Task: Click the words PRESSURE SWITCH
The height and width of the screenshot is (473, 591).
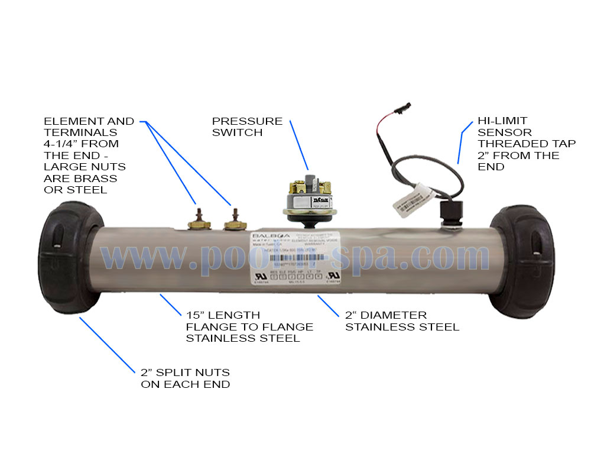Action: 247,127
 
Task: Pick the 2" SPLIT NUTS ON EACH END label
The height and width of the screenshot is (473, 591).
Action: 185,378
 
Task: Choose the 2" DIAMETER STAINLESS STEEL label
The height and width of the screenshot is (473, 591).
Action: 402,321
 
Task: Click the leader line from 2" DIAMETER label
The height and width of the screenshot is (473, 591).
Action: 328,304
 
